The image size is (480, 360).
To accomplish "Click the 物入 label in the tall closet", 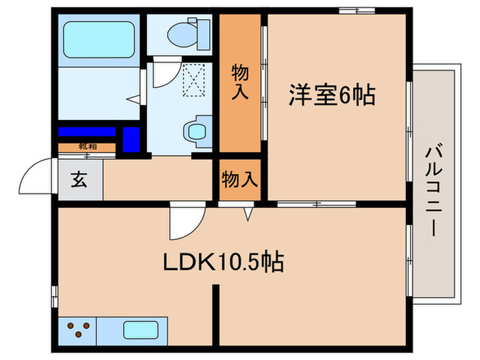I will tap(239, 82).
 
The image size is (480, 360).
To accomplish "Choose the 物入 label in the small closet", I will tap(240, 180).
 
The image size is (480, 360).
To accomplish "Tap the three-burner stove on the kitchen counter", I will tap(78, 328).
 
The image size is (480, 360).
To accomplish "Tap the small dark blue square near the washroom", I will tap(131, 139).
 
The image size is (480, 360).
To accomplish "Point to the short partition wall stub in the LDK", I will tap(215, 313).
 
